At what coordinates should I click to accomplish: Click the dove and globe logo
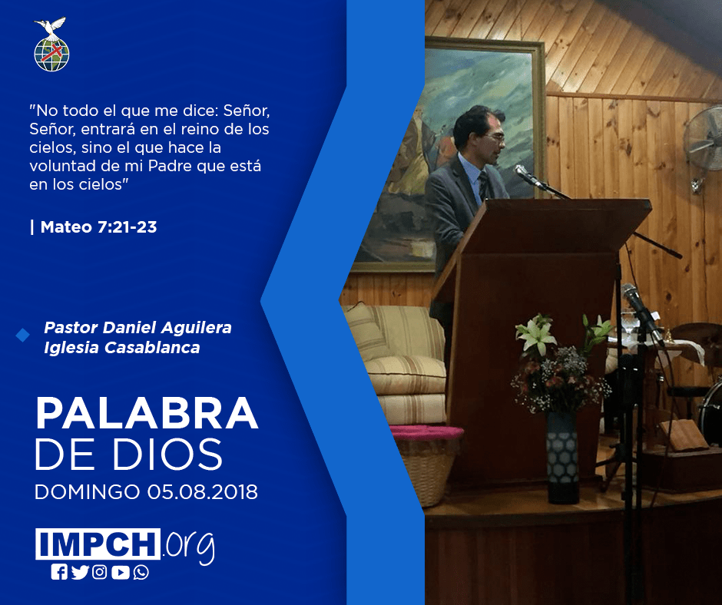coord(51,45)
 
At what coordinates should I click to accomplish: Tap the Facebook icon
coord(59,572)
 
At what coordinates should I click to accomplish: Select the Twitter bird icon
coord(80,572)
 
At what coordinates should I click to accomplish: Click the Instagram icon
coord(99,572)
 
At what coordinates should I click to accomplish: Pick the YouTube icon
coord(120,572)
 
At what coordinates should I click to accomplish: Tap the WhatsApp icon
coord(141,572)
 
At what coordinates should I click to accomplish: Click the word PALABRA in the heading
coord(147,414)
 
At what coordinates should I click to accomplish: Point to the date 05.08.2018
coord(203,491)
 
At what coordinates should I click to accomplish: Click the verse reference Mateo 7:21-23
coord(98,227)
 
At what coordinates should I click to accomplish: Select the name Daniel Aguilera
coord(167,327)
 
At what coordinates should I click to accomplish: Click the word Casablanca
coord(152,347)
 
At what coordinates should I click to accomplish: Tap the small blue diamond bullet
coord(22,336)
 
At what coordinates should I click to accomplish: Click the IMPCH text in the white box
coord(98,544)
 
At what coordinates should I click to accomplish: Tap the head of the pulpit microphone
coord(522,173)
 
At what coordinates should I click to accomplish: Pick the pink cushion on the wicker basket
coord(426,432)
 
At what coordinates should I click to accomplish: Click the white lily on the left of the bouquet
coord(535,335)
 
